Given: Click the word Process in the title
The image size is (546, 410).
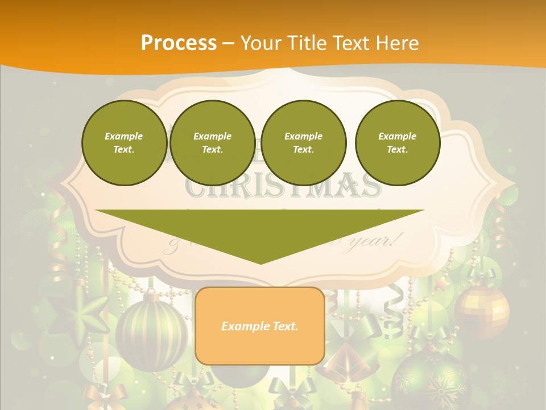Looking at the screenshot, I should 179,43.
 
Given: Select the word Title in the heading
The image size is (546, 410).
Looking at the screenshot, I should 309,43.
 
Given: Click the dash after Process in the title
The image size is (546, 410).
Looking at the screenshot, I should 228,44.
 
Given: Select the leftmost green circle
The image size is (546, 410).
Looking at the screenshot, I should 124,142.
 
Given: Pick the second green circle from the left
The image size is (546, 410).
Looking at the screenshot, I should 212,142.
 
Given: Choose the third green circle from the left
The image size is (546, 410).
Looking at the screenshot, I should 303,142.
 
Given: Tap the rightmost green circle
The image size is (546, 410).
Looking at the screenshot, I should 397,142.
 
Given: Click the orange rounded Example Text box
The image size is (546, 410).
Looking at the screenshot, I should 259,326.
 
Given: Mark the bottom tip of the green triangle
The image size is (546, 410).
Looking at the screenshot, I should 260,263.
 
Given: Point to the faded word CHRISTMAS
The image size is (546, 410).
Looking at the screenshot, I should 283,187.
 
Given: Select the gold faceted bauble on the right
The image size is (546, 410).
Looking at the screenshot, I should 482,310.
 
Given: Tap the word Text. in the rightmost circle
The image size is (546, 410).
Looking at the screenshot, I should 397,149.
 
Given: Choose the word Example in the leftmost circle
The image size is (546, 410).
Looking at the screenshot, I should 124,136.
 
